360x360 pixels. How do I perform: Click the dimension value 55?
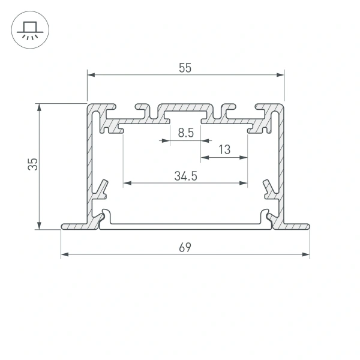pyautogui.click(x=184, y=68)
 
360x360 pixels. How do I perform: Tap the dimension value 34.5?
pyautogui.click(x=186, y=176)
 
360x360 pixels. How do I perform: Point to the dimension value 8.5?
pyautogui.click(x=186, y=134)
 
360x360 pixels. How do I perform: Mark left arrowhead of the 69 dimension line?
pyautogui.click(x=65, y=255)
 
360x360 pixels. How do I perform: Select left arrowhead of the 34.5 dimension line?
pyautogui.click(x=127, y=182)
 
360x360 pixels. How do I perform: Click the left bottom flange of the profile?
pyautogui.click(x=75, y=226)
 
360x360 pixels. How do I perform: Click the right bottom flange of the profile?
pyautogui.click(x=296, y=226)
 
